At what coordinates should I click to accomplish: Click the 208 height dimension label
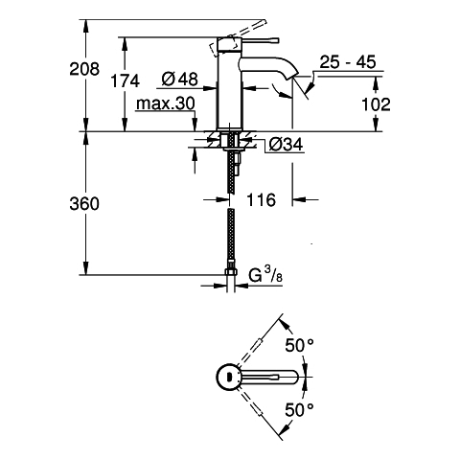84,69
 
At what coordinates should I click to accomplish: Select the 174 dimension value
125,80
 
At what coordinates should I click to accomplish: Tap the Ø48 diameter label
179,79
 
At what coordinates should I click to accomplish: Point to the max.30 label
165,103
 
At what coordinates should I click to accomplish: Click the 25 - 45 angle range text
348,62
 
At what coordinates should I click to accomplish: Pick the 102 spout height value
376,104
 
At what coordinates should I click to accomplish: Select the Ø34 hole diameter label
286,145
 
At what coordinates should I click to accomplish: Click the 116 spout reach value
261,200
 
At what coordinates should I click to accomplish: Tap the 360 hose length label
84,204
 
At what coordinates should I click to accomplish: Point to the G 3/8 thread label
265,275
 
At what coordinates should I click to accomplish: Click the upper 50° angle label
299,345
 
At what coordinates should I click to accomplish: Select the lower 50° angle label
299,409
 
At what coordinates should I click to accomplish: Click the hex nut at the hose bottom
231,272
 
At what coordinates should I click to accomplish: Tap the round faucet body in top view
227,377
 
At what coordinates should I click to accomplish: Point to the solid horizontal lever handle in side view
260,40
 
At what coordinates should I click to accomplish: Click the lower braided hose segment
231,239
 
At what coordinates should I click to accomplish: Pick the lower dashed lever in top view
252,402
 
